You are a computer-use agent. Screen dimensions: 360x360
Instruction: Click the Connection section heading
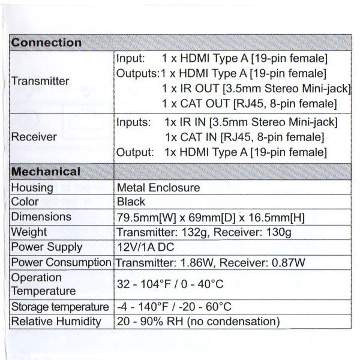click(47, 43)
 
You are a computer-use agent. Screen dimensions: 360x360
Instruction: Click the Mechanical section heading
click(46, 172)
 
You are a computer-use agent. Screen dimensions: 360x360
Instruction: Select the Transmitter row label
click(40, 80)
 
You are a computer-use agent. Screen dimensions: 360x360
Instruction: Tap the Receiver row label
click(34, 137)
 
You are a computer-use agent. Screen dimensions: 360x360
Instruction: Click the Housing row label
click(32, 188)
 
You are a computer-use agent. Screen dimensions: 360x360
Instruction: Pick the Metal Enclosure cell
click(158, 188)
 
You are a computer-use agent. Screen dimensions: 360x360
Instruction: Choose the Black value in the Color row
click(131, 202)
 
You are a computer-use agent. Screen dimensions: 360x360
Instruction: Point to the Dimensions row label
click(41, 217)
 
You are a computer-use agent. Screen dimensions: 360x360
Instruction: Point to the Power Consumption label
click(62, 262)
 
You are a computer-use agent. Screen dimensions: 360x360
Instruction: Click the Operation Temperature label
click(44, 284)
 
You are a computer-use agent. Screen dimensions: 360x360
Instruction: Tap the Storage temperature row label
click(60, 307)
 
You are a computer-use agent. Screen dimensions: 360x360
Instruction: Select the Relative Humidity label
click(56, 322)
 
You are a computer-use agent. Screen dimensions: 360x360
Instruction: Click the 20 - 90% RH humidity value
click(150, 322)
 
